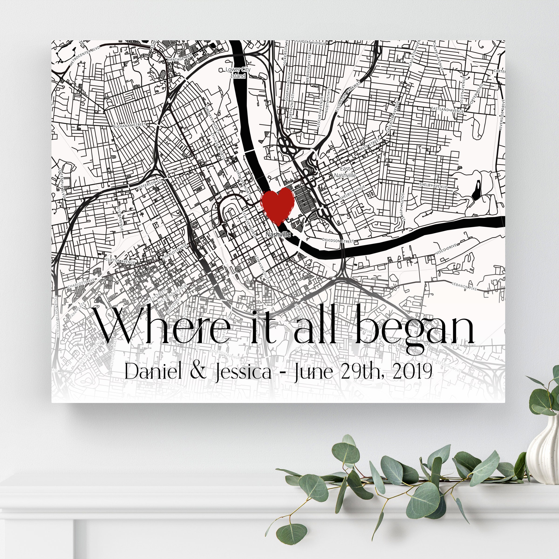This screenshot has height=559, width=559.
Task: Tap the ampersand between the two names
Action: tap(198, 371)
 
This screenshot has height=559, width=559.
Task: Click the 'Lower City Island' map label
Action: tap(238, 73)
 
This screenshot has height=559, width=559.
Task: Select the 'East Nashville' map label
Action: tap(345, 172)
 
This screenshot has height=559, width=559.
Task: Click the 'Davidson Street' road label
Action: tap(338, 240)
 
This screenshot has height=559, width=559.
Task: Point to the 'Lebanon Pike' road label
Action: tap(464, 286)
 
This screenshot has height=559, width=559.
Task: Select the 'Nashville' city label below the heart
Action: tap(278, 234)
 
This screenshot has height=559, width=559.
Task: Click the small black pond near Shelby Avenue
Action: tap(476, 190)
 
